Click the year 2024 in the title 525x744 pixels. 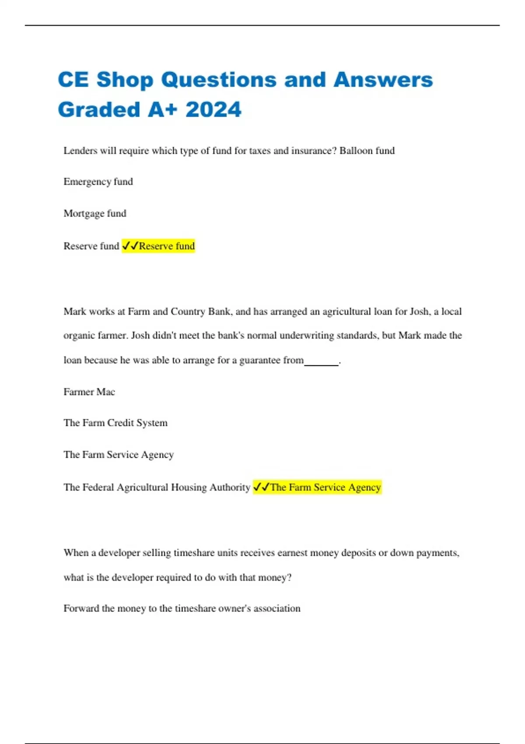pos(213,109)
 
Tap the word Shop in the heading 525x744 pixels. pos(125,80)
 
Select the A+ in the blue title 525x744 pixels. pos(163,109)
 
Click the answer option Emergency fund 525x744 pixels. pos(98,182)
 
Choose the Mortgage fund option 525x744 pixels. pos(94,214)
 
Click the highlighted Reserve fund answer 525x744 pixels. pos(167,246)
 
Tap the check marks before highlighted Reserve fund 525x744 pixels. pos(130,246)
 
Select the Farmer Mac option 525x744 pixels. pos(89,392)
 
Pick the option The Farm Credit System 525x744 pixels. pos(115,423)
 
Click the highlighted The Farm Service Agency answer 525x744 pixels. pos(325,487)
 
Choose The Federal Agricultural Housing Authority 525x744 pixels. pos(157,487)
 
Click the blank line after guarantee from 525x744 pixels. pos(322,362)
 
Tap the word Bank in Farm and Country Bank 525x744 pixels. pos(219,312)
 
